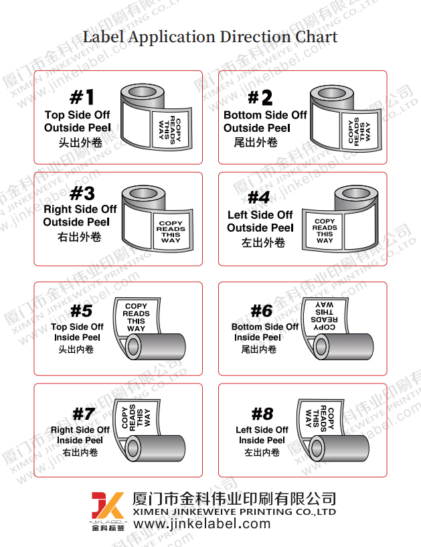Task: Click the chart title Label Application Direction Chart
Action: point(210,36)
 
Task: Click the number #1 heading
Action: point(82,98)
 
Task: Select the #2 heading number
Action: point(260,98)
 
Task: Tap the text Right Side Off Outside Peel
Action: point(80,215)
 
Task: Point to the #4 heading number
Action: point(259,198)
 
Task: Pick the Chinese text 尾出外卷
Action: point(256,143)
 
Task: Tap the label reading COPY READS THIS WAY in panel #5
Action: point(136,317)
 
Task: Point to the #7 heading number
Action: point(84,414)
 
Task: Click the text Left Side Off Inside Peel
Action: point(262,435)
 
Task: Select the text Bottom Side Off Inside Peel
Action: point(265,332)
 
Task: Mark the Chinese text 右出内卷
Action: point(80,453)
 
